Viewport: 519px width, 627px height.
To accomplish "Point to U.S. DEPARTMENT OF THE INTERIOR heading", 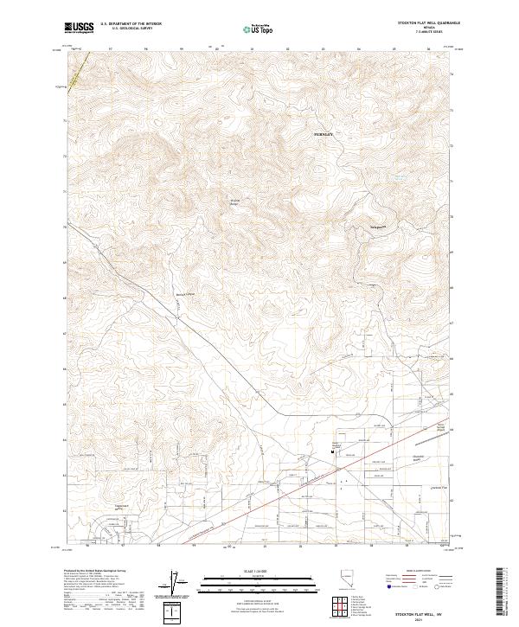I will (131, 24).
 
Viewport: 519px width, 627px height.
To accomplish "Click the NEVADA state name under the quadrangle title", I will (430, 28).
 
